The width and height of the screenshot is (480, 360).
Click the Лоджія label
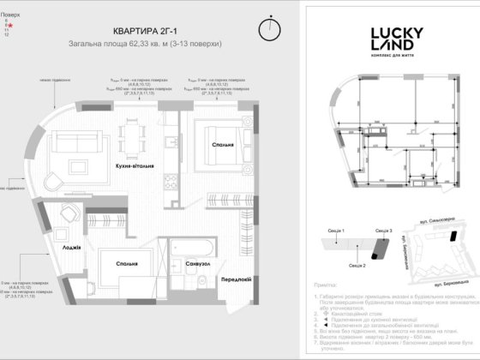(72, 248)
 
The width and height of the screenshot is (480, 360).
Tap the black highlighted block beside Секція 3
(375, 247)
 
